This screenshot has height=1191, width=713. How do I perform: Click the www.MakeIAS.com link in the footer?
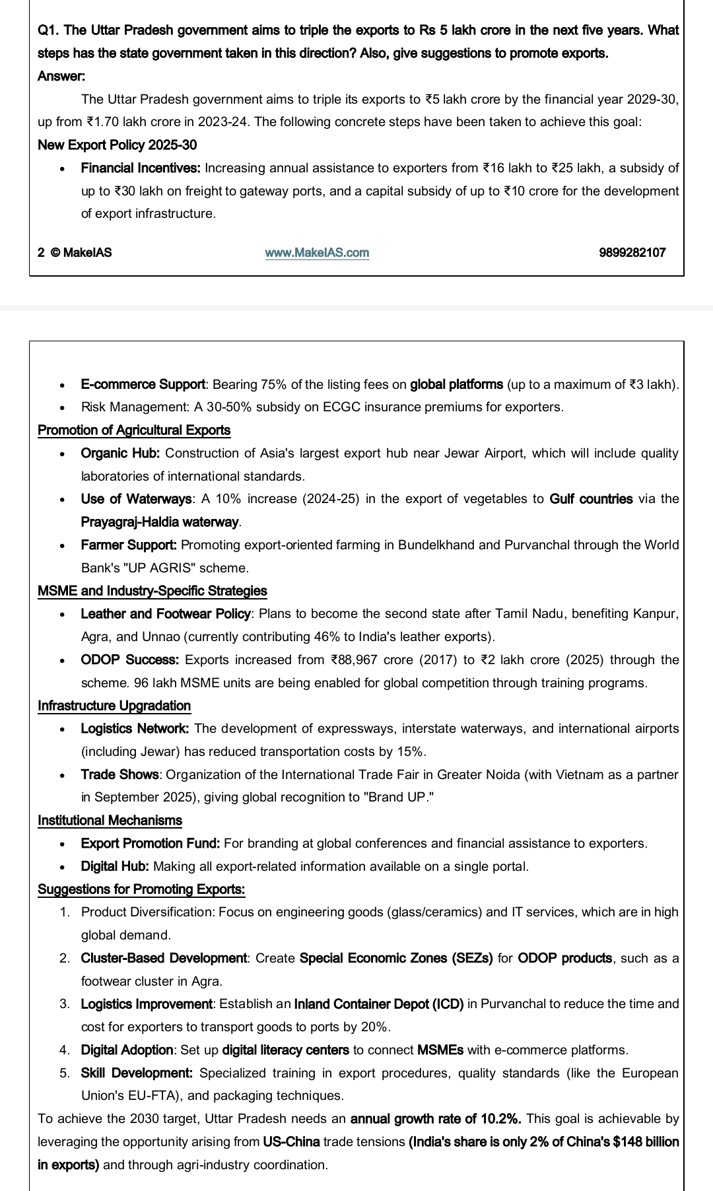coord(317,252)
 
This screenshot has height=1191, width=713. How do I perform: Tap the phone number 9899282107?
coord(632,252)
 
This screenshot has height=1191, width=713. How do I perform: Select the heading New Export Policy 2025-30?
coord(117,145)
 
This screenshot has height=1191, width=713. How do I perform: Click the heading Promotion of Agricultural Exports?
coord(134,430)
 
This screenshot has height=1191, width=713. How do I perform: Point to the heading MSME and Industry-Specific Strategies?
coord(153,591)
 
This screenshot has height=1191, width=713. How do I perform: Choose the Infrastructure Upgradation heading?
coord(114,706)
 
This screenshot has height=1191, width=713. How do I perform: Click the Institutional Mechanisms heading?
coord(110,821)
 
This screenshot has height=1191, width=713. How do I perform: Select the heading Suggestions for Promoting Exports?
coord(141,889)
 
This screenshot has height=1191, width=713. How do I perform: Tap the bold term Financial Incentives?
coord(141,168)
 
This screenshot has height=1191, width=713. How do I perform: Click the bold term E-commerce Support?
coord(143,384)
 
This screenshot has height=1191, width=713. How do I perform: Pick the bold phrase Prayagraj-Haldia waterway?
coord(160,522)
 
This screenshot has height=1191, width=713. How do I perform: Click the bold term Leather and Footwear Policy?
coord(166,614)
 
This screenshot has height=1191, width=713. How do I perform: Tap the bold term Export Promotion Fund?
coord(151,844)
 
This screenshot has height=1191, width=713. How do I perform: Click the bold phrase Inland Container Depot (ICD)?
coord(379,1004)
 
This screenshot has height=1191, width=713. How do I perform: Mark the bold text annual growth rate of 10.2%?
coord(436,1119)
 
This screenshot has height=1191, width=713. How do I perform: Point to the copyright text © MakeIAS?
coord(81,252)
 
